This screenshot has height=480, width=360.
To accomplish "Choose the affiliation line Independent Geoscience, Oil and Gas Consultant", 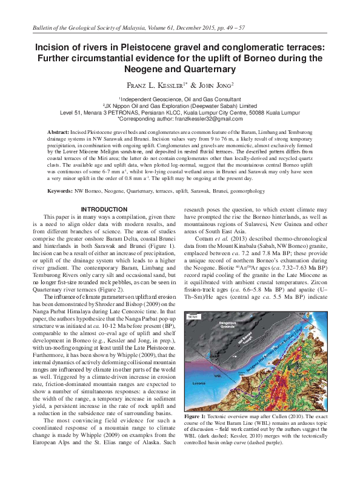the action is [x=179, y=98].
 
